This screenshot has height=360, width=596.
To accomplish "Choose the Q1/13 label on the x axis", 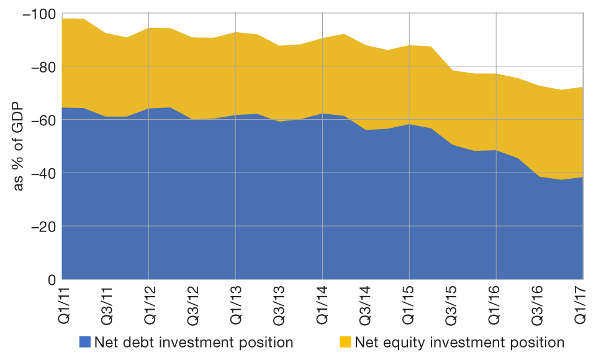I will [235, 304].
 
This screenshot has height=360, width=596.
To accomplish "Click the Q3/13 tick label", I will [279, 304].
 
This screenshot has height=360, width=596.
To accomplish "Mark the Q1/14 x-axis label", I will [322, 304].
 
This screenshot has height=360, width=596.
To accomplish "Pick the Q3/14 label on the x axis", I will [366, 304].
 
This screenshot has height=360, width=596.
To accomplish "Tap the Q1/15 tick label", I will [409, 304].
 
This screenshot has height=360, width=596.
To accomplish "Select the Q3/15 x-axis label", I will [453, 304].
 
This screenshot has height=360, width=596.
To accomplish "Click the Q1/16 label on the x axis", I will [496, 304].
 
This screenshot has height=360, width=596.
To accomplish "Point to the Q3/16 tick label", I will [540, 304].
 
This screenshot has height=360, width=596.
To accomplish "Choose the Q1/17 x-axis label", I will [582, 304].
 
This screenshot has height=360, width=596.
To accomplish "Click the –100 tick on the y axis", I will [38, 14].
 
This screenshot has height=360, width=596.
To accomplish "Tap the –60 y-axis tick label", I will [42, 120].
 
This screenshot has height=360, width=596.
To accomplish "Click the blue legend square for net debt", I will [85, 342].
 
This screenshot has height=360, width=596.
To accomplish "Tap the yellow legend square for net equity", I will [345, 342].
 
